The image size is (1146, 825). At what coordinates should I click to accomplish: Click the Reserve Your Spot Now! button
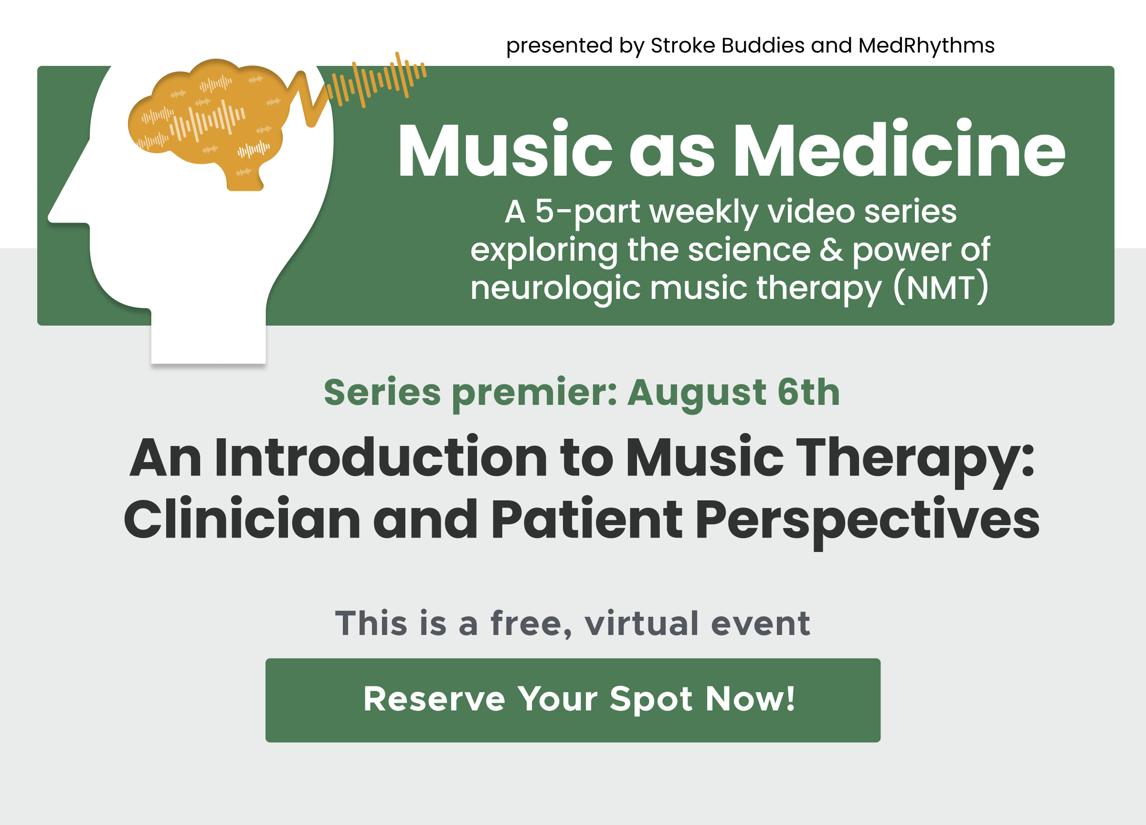(573, 700)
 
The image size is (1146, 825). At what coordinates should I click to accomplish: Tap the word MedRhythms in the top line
(926, 46)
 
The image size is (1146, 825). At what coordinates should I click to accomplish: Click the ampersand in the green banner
(831, 250)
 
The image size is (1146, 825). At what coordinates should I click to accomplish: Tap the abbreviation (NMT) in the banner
(940, 288)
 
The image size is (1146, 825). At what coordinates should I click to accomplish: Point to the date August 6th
(733, 392)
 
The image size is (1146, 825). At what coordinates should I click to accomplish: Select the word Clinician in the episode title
(242, 519)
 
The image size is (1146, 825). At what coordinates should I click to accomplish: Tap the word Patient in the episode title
(586, 519)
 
